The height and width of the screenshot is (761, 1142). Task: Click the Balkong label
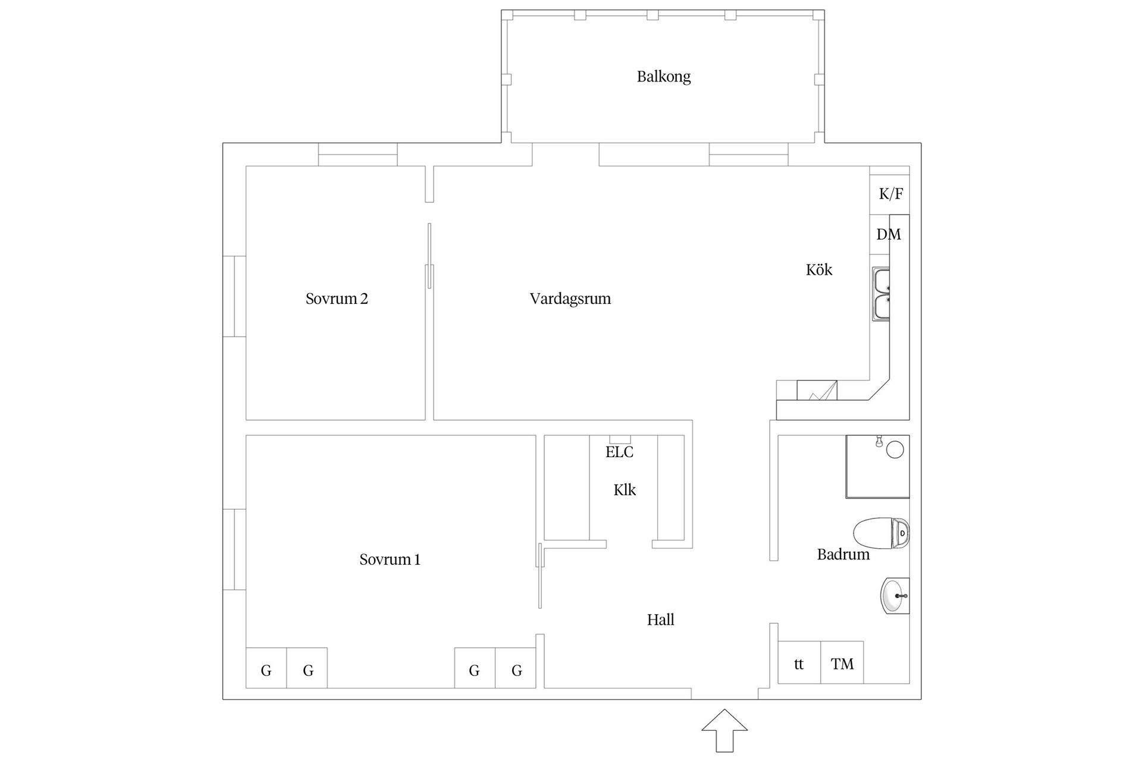(x=663, y=77)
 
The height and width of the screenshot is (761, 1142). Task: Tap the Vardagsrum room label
(x=570, y=298)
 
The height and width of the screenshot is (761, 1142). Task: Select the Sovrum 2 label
(x=337, y=298)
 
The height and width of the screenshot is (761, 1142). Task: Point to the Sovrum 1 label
(x=390, y=559)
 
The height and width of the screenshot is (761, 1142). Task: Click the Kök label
(x=818, y=270)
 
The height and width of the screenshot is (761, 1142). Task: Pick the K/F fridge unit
(x=890, y=194)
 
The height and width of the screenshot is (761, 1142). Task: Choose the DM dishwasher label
(x=888, y=234)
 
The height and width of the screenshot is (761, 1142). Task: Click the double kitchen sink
(x=881, y=294)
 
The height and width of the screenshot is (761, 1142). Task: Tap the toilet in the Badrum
(x=881, y=533)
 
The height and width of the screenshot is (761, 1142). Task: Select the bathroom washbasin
(x=895, y=596)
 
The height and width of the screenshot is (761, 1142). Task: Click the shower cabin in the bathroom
(x=877, y=467)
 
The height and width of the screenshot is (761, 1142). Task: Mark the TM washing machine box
(x=842, y=663)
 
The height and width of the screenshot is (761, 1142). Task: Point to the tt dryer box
(x=799, y=663)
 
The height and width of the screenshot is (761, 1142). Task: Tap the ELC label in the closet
(x=619, y=452)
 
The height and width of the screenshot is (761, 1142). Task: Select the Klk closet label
(x=625, y=490)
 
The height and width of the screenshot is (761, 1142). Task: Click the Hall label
(x=660, y=620)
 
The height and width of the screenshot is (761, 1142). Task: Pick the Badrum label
(x=843, y=555)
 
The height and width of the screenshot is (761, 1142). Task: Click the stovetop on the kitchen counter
(x=817, y=390)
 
